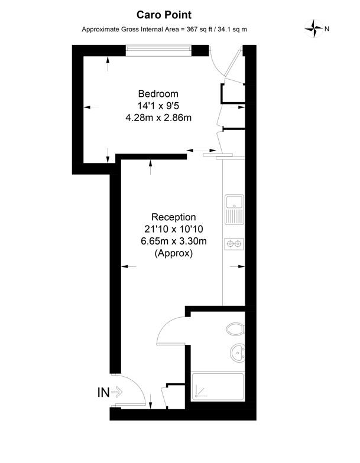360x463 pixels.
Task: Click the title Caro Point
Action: (x=164, y=14)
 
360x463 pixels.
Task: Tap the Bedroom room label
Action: (x=158, y=94)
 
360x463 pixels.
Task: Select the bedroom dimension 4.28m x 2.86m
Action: (x=158, y=118)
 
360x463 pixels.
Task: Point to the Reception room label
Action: (x=173, y=217)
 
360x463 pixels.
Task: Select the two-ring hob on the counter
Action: (x=234, y=243)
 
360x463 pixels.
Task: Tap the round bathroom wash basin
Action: (x=238, y=353)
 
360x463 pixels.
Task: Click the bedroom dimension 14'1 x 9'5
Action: (x=158, y=106)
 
